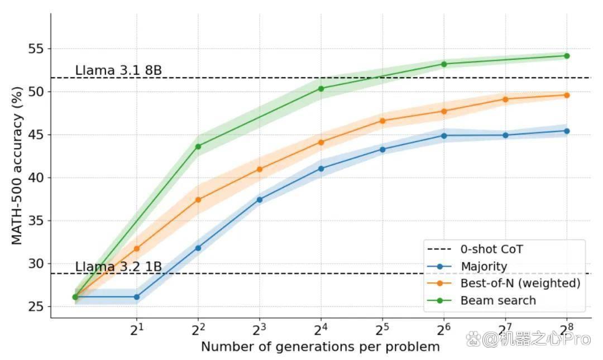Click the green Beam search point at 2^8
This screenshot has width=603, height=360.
pyautogui.click(x=567, y=56)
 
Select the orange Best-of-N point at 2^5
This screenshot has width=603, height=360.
pyautogui.click(x=382, y=121)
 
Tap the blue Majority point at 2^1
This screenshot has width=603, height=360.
pyautogui.click(x=137, y=297)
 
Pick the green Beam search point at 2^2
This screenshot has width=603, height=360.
pyautogui.click(x=198, y=147)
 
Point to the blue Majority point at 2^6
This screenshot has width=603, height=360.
pyautogui.click(x=444, y=136)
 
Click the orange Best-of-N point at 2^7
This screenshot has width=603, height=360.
pyautogui.click(x=505, y=99)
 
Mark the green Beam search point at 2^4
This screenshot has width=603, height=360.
pyautogui.click(x=320, y=88)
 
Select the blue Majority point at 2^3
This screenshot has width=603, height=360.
pyautogui.click(x=260, y=200)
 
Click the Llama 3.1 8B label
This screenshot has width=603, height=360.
pyautogui.click(x=118, y=70)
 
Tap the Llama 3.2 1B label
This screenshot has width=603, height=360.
pyautogui.click(x=118, y=267)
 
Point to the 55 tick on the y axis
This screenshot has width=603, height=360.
pyautogui.click(x=36, y=49)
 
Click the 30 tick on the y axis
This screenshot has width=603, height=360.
pyautogui.click(x=36, y=263)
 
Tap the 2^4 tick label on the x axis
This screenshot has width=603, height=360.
pyautogui.click(x=320, y=329)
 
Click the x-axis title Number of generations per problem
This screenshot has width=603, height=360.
pyautogui.click(x=320, y=347)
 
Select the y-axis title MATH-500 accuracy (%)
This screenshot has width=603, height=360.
pyautogui.click(x=17, y=166)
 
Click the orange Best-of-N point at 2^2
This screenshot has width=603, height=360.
pyautogui.click(x=198, y=200)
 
